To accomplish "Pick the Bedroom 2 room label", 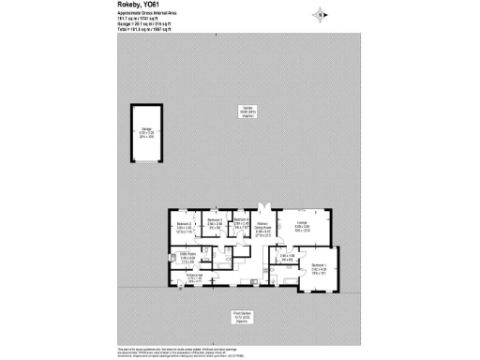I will (184, 225).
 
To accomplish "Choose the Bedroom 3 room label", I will (214, 222).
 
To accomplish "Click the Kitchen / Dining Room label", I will (265, 226).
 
